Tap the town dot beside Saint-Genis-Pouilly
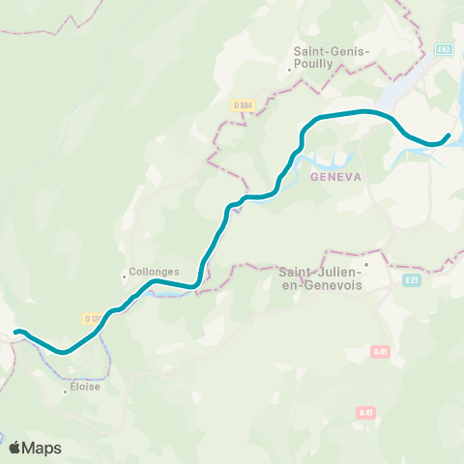pyautogui.click(x=289, y=68)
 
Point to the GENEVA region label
pyautogui.click(x=335, y=178)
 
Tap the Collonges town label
pyautogui.click(x=155, y=273)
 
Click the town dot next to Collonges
pyautogui.click(x=125, y=275)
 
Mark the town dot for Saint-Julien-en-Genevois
pyautogui.click(x=366, y=262)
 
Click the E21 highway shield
pyautogui.click(x=411, y=279)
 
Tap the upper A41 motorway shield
pyautogui.click(x=380, y=353)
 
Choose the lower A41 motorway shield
pyautogui.click(x=364, y=413)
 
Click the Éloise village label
pyautogui.click(x=85, y=386)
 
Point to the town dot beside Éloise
pyautogui.click(x=65, y=391)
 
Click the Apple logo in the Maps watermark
pyautogui.click(x=15, y=448)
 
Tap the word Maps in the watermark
pyautogui.click(x=43, y=448)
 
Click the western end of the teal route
pyautogui.click(x=16, y=333)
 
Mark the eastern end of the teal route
pyautogui.click(x=449, y=135)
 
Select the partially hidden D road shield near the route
pyautogui.click(x=92, y=318)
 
